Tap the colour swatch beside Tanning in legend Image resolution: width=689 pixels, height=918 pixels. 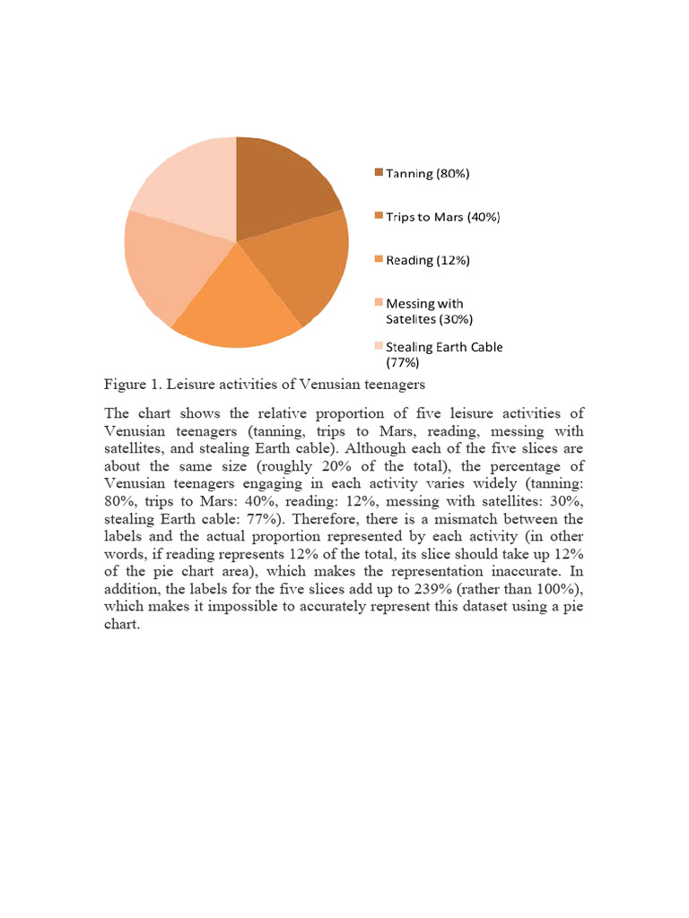379,172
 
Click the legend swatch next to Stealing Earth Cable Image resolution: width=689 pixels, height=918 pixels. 379,346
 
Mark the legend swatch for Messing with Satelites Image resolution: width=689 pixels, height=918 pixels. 379,302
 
